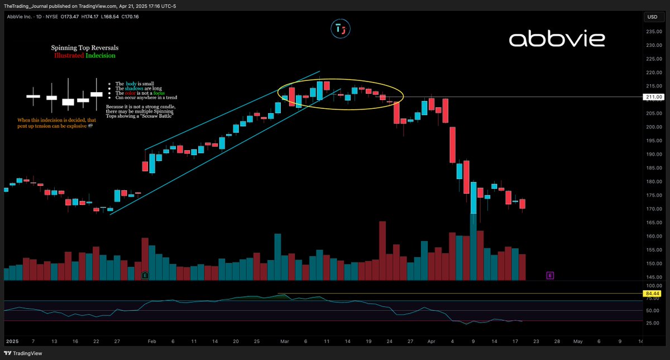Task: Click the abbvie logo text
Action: point(556,39)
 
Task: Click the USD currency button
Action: point(652,17)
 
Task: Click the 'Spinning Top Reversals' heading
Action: point(85,48)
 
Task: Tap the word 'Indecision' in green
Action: point(101,56)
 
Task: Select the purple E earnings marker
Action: point(550,275)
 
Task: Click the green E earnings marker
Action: point(145,275)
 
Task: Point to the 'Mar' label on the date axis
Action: point(284,340)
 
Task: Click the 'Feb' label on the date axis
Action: point(151,340)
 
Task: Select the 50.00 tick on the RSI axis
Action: point(652,310)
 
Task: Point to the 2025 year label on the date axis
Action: point(12,340)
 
